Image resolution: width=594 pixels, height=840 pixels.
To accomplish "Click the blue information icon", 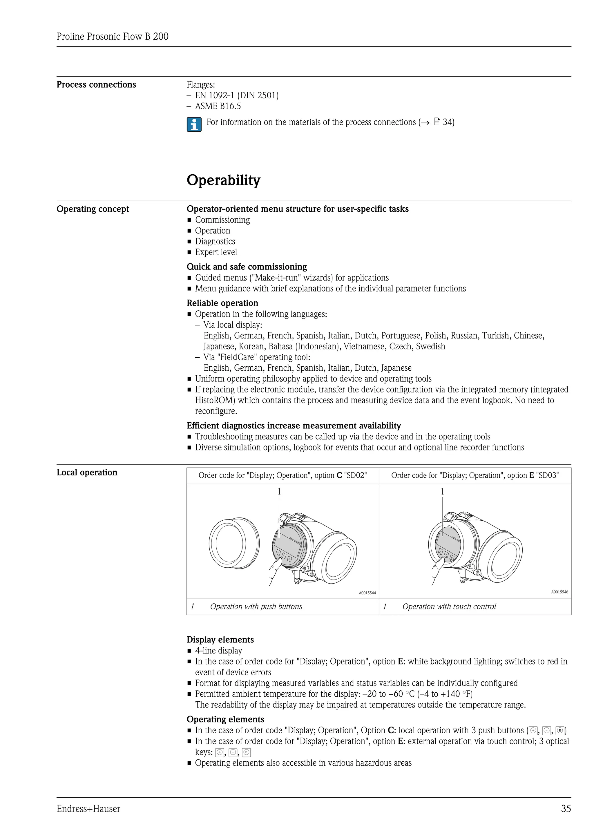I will coord(194,124).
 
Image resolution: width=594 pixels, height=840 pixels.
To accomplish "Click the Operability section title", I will coord(224,180).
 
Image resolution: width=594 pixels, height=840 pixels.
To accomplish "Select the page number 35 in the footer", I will coord(566,809).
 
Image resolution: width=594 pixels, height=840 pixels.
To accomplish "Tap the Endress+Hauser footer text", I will coord(88,809).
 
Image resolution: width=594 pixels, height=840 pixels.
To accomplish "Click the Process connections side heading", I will coord(96,84).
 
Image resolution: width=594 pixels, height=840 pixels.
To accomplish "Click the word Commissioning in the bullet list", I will coord(222,220).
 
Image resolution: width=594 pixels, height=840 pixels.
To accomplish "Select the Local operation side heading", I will coord(87,472).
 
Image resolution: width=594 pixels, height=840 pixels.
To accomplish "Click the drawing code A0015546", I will coord(559,592).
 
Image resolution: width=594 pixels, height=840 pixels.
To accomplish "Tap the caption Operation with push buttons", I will coord(256,607).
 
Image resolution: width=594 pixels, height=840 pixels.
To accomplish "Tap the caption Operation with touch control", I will coord(449,607).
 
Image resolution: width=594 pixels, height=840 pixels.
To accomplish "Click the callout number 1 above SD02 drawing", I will coord(279,491).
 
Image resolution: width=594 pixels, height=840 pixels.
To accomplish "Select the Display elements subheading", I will coord(220,640).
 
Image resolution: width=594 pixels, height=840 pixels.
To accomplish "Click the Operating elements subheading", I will coord(225,719).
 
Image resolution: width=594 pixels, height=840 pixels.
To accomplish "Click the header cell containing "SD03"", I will coord(475,475).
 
